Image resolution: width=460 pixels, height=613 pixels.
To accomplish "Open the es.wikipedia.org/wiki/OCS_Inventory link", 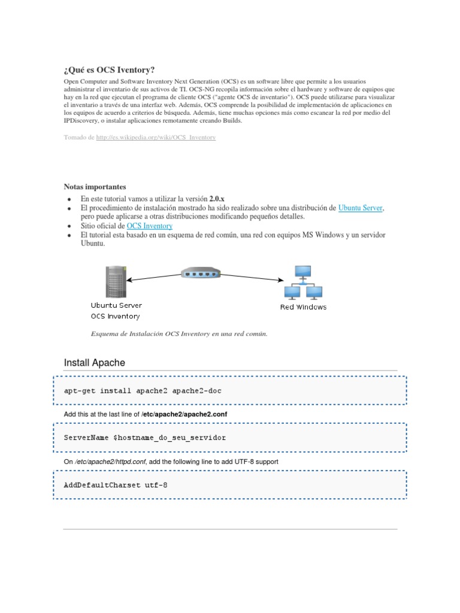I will tap(156, 138).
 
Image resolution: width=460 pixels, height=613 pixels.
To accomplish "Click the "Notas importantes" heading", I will tap(95, 187).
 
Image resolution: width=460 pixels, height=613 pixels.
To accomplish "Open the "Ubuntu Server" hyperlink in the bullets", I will tap(360, 208).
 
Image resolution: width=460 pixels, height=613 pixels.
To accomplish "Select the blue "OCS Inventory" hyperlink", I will tap(150, 226).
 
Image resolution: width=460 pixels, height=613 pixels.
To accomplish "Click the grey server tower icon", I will tap(115, 280).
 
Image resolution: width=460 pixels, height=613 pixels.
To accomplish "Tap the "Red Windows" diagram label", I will tap(304, 307).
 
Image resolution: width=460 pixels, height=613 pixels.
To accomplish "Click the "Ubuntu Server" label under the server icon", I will tap(116, 305).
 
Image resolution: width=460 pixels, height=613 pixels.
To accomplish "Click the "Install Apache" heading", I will tap(94, 363).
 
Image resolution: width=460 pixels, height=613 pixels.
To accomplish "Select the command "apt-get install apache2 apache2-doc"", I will tap(144, 390).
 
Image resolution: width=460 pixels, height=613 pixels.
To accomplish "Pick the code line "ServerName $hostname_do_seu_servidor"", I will tap(145, 438).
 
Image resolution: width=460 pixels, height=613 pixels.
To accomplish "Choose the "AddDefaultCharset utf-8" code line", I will tap(116, 485).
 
